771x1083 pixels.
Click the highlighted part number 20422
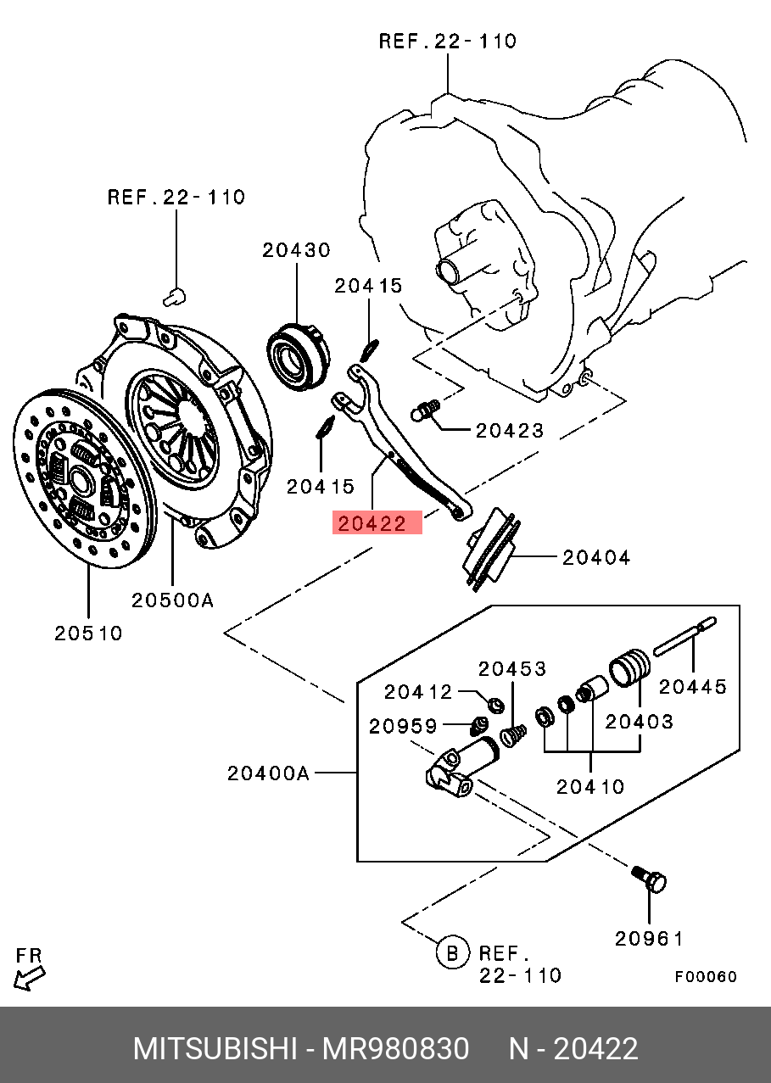coord(372,523)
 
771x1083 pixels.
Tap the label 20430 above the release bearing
coord(297,250)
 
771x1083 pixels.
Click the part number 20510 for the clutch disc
coord(88,634)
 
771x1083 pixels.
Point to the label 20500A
coord(173,600)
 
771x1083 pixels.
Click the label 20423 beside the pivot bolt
coord(510,431)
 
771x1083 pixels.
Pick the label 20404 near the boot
coord(596,558)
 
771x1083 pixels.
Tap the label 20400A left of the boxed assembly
coord(268,773)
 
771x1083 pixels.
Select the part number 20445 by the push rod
coord(693,687)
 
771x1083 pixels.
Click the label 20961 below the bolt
coord(649,939)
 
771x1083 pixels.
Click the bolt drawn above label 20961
coord(649,880)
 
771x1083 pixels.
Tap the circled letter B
coord(453,953)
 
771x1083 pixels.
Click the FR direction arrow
coord(29,979)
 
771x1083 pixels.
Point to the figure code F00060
coord(707,977)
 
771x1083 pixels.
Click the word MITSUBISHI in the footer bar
coord(215,1049)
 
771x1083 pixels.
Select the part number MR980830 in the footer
coord(395,1049)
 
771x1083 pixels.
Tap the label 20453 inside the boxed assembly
coord(512,669)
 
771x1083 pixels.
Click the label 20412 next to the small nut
coord(418,692)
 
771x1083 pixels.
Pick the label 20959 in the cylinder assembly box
coord(403,726)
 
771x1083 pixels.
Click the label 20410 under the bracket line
coord(590,787)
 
